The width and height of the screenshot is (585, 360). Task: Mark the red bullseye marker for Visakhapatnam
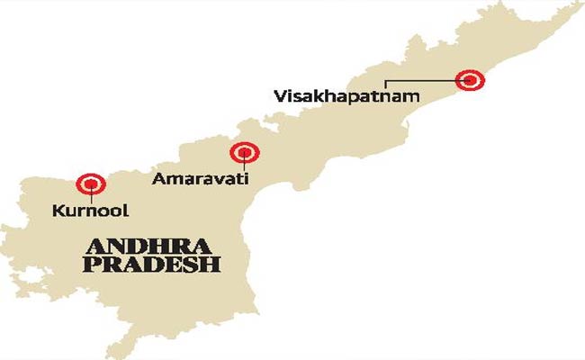470,80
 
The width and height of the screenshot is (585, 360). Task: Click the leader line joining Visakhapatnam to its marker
423,81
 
